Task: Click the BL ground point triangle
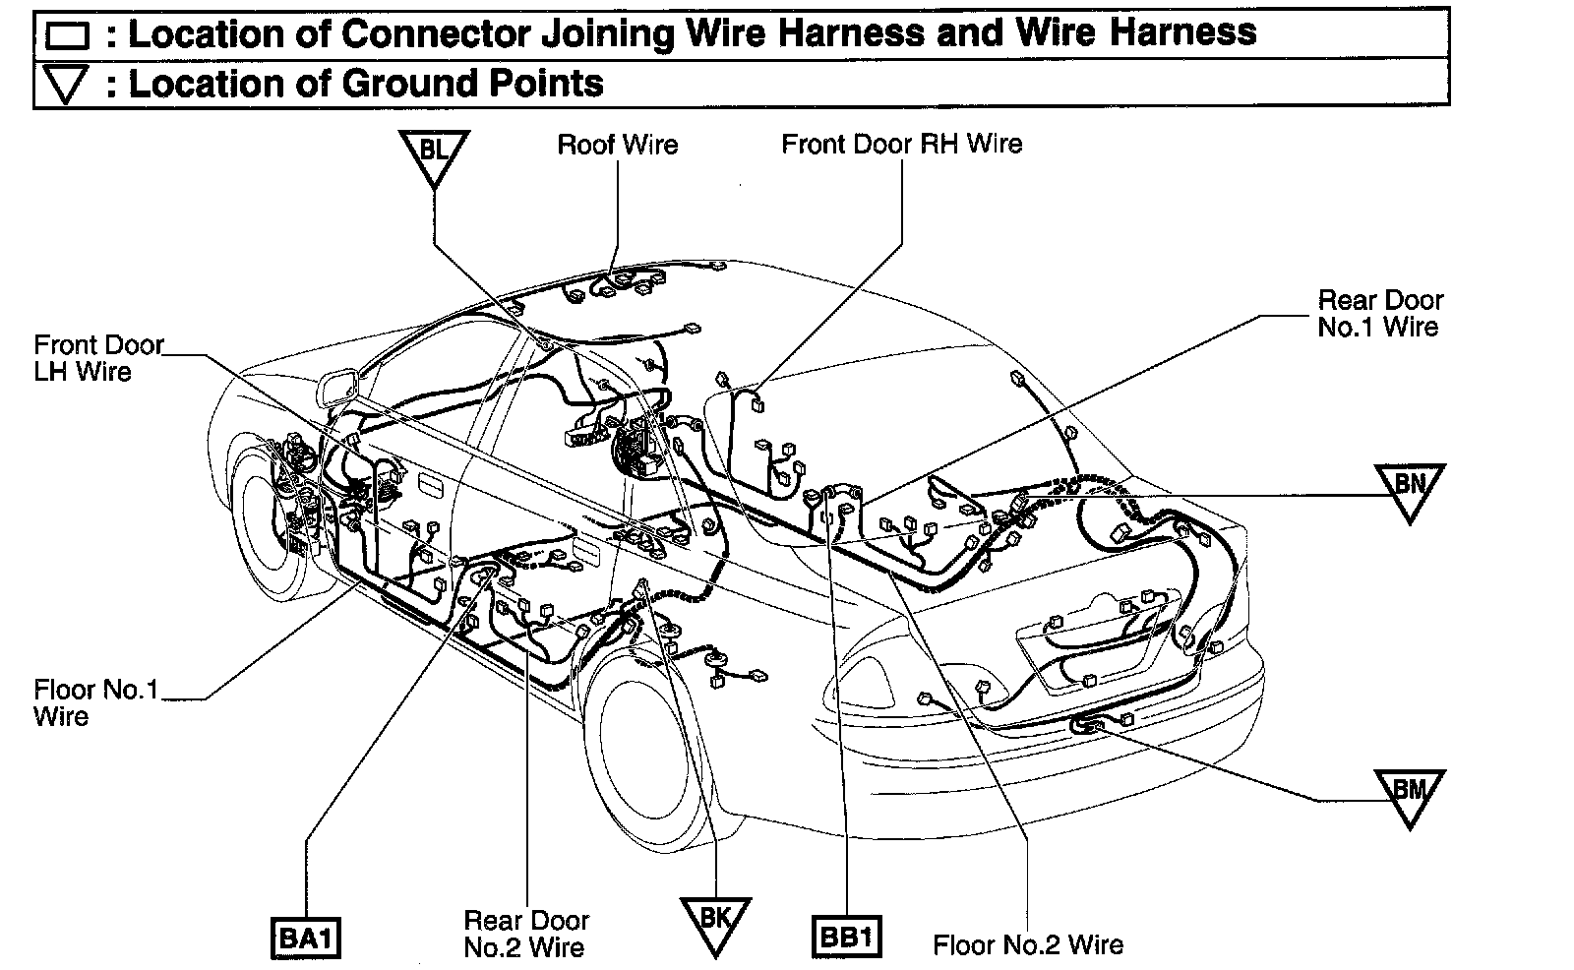click(434, 155)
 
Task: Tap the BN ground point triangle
click(1410, 488)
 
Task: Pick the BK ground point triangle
click(715, 922)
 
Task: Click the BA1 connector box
click(305, 937)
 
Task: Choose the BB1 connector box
click(846, 937)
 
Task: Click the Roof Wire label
click(618, 146)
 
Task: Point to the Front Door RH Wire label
click(901, 145)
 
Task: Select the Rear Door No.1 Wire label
click(1379, 313)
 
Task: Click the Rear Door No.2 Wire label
click(526, 934)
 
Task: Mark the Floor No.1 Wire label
click(94, 702)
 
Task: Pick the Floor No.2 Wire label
click(1028, 945)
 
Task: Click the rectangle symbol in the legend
click(67, 36)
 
